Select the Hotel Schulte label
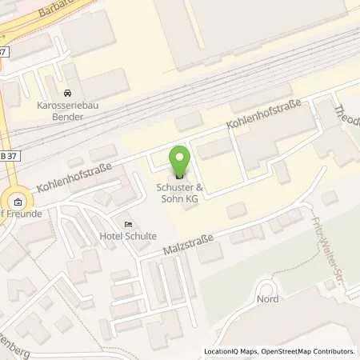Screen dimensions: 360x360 [128, 235]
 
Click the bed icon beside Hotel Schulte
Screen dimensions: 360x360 [127, 223]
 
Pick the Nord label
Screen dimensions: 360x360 [266, 299]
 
